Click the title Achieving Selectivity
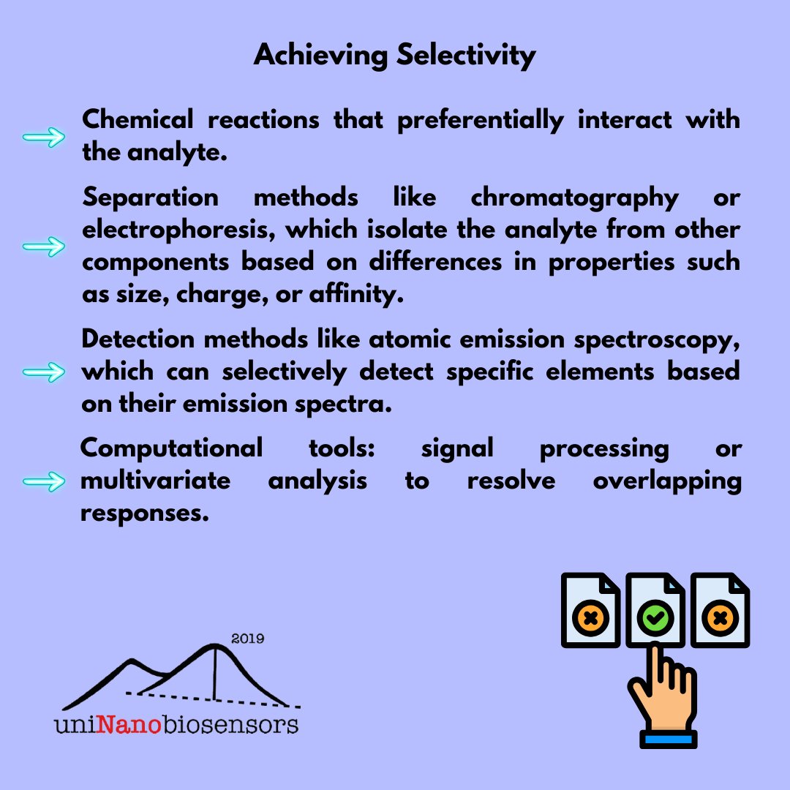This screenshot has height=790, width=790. click(394, 56)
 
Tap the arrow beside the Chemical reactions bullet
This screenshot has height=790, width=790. click(44, 138)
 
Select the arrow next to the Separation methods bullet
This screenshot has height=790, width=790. click(44, 247)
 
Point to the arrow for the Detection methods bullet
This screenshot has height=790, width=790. click(44, 372)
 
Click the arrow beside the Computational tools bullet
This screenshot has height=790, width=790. click(44, 482)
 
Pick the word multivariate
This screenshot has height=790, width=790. click(155, 482)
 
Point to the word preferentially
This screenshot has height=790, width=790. click(480, 120)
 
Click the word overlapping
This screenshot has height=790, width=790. click(667, 482)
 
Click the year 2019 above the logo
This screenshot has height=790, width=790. click(247, 639)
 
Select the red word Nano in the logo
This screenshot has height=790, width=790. click(126, 724)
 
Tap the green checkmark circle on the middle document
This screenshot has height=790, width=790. click(655, 619)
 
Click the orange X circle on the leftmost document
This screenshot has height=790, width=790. click(591, 619)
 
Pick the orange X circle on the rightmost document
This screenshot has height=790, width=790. click(720, 619)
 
